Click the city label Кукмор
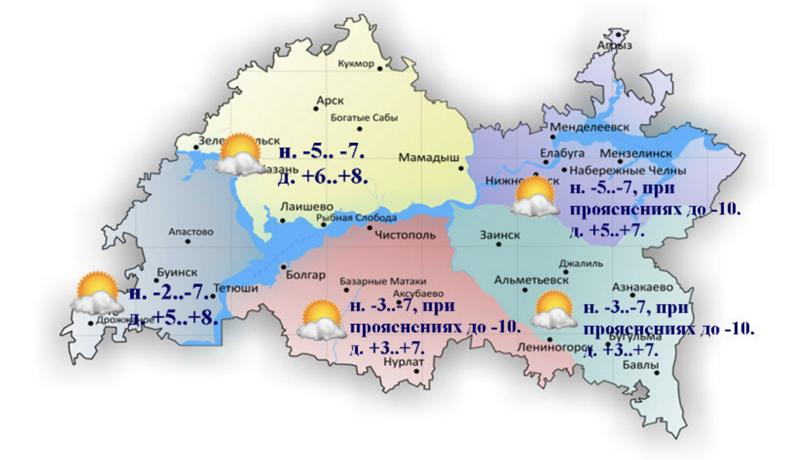pyautogui.click(x=356, y=64)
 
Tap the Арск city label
pyautogui.click(x=330, y=101)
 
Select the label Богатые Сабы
pyautogui.click(x=364, y=117)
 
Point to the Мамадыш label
pyautogui.click(x=429, y=158)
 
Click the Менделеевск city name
pyautogui.click(x=589, y=127)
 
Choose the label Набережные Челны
pyautogui.click(x=628, y=171)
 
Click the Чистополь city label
pyautogui.click(x=405, y=235)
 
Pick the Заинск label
pyautogui.click(x=500, y=235)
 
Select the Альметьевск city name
pyautogui.click(x=531, y=281)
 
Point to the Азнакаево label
pyautogui.click(x=642, y=287)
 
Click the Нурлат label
pyautogui.click(x=404, y=362)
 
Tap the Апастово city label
pyautogui.click(x=191, y=232)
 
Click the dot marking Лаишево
pyautogui.click(x=282, y=221)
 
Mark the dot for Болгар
pyautogui.click(x=283, y=267)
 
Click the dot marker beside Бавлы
pyautogui.click(x=657, y=373)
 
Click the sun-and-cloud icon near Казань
pyautogui.click(x=238, y=156)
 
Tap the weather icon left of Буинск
pyautogui.click(x=97, y=294)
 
